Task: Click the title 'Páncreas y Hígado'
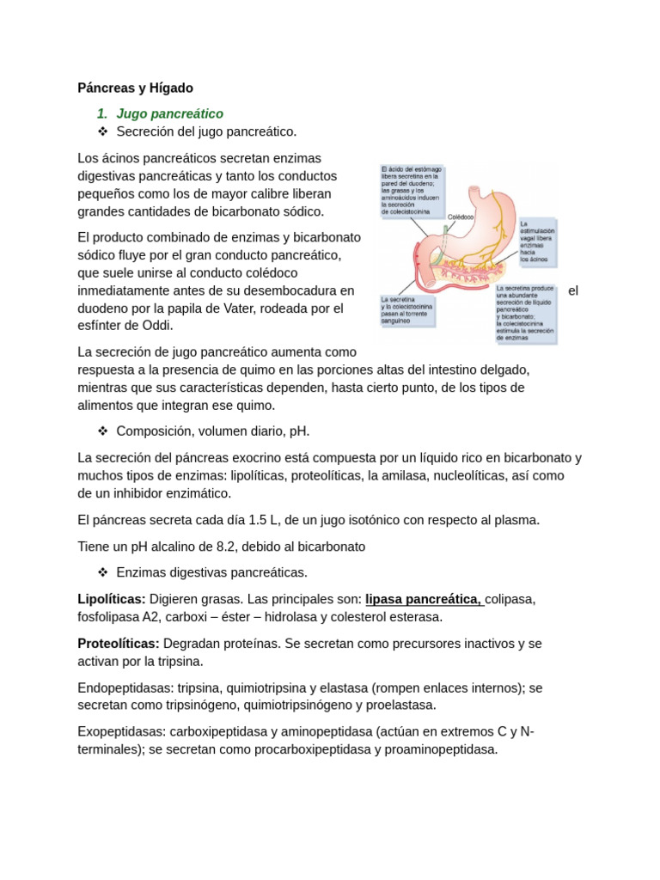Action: pyautogui.click(x=135, y=88)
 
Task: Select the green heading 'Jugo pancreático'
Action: pyautogui.click(x=169, y=113)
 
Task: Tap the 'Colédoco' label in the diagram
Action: pyautogui.click(x=461, y=217)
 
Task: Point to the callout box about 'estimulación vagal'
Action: pyautogui.click(x=537, y=241)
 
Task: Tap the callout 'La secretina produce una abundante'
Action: pyautogui.click(x=525, y=314)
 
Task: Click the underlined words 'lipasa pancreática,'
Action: pyautogui.click(x=425, y=599)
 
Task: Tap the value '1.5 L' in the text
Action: pyautogui.click(x=266, y=520)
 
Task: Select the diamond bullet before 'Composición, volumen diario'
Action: pyautogui.click(x=102, y=431)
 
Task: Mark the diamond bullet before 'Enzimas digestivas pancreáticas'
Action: pyautogui.click(x=102, y=572)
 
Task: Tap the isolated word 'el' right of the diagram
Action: pyautogui.click(x=573, y=290)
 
